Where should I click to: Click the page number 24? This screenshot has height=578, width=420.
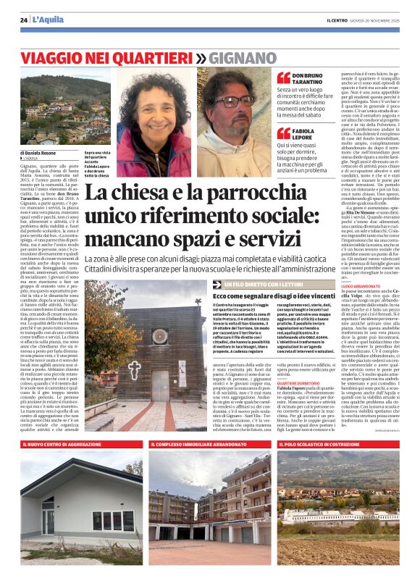pyautogui.click(x=24, y=19)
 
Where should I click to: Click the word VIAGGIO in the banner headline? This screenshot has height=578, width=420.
pyautogui.click(x=54, y=57)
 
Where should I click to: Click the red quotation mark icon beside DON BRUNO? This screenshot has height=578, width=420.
pyautogui.click(x=283, y=78)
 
